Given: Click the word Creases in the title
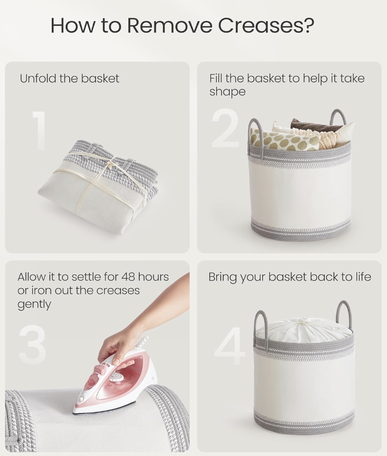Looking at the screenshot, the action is (x=266, y=25).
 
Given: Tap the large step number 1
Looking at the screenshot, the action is (x=39, y=130).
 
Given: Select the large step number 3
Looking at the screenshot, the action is (x=32, y=344).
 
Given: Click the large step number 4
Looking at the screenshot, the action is (x=229, y=346).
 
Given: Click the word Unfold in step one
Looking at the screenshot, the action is (x=38, y=78).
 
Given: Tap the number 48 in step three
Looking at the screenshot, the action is (x=128, y=277).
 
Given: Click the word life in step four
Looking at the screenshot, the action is (x=363, y=277).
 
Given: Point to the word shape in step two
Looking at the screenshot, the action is (x=228, y=92).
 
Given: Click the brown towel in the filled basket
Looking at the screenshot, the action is (x=315, y=124).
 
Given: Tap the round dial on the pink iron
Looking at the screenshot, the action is (x=116, y=378).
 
